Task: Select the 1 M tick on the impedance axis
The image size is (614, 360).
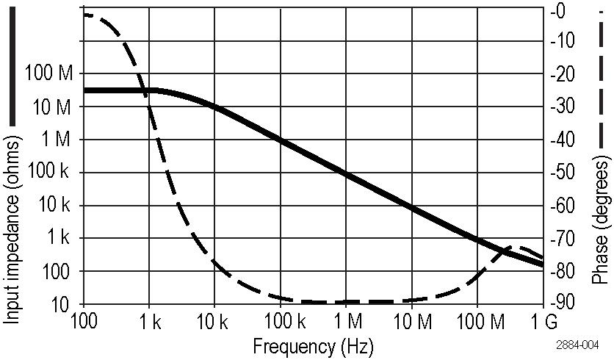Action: (x=59, y=140)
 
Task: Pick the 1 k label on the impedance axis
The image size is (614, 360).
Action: (x=59, y=238)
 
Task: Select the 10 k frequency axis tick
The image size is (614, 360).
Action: (x=214, y=322)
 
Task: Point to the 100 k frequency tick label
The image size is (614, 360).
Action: (x=280, y=322)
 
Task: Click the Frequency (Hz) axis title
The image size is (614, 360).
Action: (x=313, y=345)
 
